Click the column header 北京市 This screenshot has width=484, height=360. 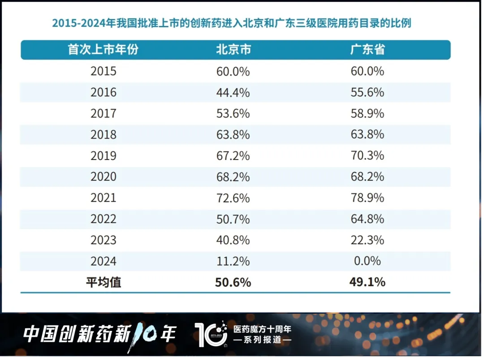pyautogui.click(x=233, y=50)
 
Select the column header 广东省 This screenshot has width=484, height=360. pyautogui.click(x=367, y=50)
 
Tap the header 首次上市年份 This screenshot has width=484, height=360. pyautogui.click(x=103, y=50)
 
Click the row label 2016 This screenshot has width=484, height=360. pyautogui.click(x=103, y=92)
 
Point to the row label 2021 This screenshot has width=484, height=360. pyautogui.click(x=103, y=198)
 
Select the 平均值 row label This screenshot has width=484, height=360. pyautogui.click(x=103, y=282)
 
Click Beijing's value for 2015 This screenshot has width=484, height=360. pyautogui.click(x=233, y=71)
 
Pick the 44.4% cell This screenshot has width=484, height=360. pyautogui.click(x=233, y=92)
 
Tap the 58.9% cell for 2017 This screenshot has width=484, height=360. pyautogui.click(x=367, y=113)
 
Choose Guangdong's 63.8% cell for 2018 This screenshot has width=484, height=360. pyautogui.click(x=367, y=134)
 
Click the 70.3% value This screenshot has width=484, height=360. pyautogui.click(x=367, y=156)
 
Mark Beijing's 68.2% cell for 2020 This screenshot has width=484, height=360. pyautogui.click(x=233, y=177)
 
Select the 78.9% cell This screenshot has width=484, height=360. pyautogui.click(x=367, y=198)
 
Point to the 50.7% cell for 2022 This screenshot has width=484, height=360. pyautogui.click(x=233, y=219)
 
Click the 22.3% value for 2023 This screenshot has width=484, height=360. pyautogui.click(x=367, y=240)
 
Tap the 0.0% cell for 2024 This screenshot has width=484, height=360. pyautogui.click(x=367, y=261)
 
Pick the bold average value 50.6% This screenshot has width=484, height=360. pyautogui.click(x=233, y=282)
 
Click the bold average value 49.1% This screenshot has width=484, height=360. pyautogui.click(x=367, y=282)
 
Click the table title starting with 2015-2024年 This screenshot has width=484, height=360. pyautogui.click(x=231, y=23)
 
